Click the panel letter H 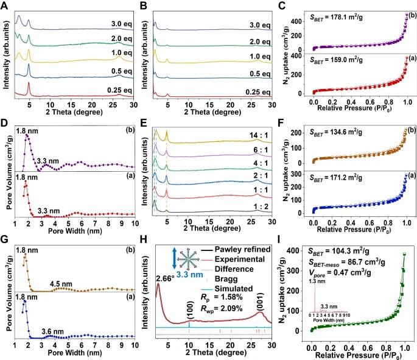145,245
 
